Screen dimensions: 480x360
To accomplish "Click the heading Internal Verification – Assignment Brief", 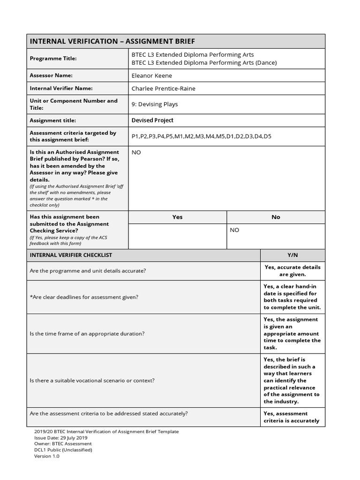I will click(112, 41).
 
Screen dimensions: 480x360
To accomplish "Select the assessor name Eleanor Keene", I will click(152, 75).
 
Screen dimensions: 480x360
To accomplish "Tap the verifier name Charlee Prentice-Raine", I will click(164, 89).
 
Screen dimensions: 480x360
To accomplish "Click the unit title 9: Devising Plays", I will click(155, 105).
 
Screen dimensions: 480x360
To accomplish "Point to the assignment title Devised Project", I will click(152, 120).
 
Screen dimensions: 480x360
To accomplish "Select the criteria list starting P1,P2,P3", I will click(202, 136).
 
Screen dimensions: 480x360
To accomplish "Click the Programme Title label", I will click(53, 59).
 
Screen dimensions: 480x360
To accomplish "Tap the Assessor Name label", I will click(51, 75).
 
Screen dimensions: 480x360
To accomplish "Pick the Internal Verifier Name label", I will click(61, 88).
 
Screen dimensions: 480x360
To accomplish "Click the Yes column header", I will click(177, 217).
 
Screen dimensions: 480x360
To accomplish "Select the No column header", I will click(276, 217).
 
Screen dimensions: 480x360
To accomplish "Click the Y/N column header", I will click(292, 255).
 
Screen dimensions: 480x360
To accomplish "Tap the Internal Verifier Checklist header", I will click(71, 255).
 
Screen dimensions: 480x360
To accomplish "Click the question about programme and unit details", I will click(88, 271).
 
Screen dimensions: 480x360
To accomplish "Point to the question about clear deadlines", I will click(84, 297).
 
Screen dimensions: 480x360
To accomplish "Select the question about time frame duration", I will click(87, 334).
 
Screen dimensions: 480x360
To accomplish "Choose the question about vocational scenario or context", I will click(92, 381).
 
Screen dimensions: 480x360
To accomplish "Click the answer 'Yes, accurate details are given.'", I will click(292, 271).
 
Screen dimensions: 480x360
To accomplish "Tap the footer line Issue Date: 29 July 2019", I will click(60, 438).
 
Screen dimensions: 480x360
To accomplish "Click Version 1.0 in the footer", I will click(47, 456).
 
